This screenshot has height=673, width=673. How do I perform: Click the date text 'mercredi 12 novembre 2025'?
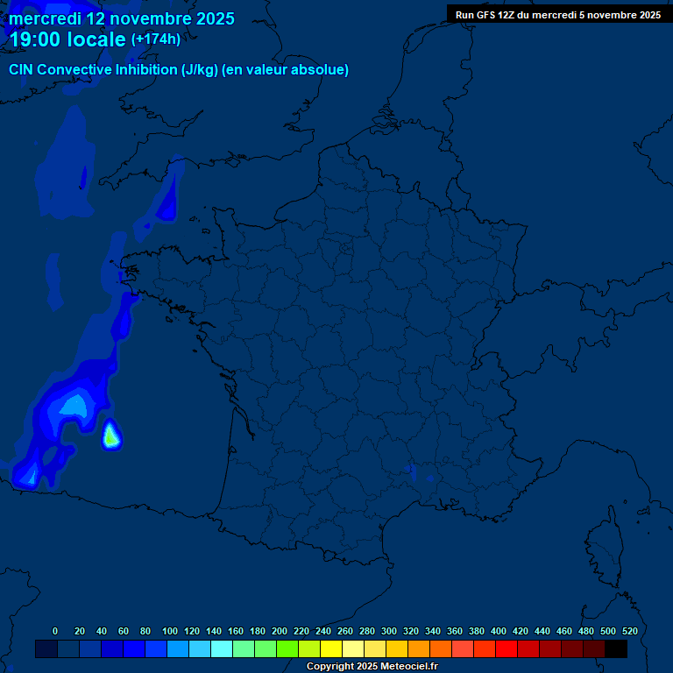[122, 18]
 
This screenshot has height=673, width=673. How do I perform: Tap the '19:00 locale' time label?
[67, 39]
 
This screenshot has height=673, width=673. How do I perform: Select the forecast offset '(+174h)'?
[156, 39]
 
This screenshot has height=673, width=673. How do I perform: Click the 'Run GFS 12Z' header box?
[558, 15]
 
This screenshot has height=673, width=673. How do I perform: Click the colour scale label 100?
[170, 631]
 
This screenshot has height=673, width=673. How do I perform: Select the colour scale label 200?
[280, 631]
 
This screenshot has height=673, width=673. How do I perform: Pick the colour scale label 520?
[629, 631]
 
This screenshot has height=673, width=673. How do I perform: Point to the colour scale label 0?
[55, 631]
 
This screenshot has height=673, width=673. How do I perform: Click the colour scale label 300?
[389, 631]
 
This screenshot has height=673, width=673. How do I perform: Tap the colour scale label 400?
[499, 631]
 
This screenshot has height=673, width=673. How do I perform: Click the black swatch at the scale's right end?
[616, 649]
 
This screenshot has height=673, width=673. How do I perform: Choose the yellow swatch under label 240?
[309, 649]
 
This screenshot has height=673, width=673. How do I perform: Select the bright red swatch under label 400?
[507, 649]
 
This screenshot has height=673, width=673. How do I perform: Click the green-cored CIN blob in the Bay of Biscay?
[110, 435]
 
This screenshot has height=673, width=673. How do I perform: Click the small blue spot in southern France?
[412, 471]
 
